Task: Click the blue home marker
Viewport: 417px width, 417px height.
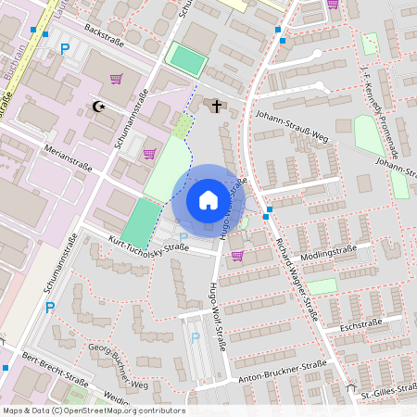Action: point(208,200)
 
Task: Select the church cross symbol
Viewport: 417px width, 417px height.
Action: point(218,107)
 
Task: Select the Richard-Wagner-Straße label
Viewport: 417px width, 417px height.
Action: point(297,279)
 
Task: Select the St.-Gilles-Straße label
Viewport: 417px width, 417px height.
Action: point(388,389)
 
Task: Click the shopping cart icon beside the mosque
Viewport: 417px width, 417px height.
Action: point(116,79)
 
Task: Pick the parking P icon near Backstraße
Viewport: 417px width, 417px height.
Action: point(64,48)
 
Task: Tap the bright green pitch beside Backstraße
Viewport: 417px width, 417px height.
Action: point(187,61)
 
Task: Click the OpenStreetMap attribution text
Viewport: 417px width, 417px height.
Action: point(94,411)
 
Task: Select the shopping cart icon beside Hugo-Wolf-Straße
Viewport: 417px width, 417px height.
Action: point(237,255)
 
